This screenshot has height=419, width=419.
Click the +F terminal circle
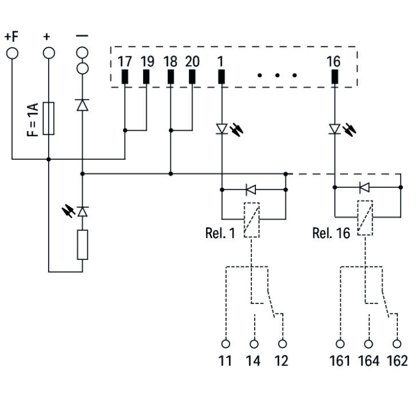coord(11,53)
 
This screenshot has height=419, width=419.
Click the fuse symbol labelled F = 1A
coord(49,118)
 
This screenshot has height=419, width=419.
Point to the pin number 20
coord(192,61)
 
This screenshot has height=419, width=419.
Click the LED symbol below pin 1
coord(222,130)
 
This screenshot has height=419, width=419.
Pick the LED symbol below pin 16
coord(334,130)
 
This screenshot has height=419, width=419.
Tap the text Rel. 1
coord(220,232)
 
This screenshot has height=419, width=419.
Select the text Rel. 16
coord(330,232)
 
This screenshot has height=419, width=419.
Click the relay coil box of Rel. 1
coord(251,220)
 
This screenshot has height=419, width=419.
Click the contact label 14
coord(253,361)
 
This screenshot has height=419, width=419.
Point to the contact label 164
coord(368,361)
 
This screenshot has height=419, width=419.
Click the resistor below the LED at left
coord(83,245)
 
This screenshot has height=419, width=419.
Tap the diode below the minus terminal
coord(83,104)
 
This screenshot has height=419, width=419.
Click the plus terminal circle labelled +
coord(49,53)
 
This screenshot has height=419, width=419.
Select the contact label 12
coord(282,361)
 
